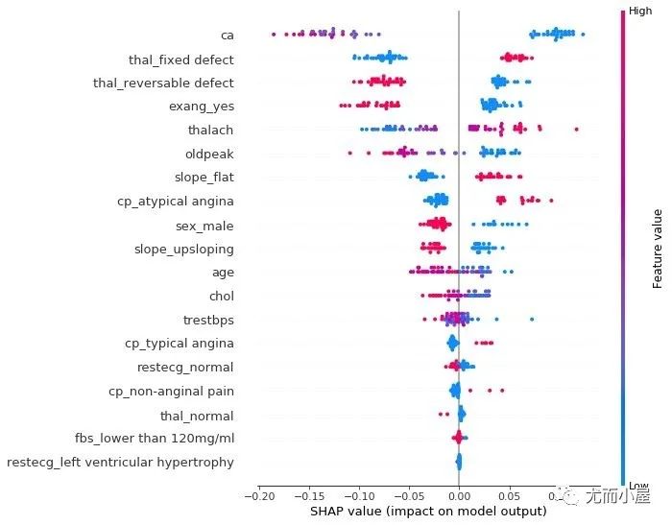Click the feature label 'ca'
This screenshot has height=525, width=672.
[228, 36]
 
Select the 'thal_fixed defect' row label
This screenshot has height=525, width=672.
[181, 60]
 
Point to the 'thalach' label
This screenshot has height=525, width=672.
[211, 130]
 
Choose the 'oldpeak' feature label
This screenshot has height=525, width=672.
[209, 154]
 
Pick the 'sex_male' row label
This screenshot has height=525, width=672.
[204, 226]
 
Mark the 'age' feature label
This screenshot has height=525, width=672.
[223, 273]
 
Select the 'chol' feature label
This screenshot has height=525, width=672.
[222, 296]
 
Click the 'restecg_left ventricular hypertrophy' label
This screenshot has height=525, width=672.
[120, 463]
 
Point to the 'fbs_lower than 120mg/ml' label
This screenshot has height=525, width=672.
[155, 439]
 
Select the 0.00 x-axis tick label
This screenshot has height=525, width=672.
[459, 495]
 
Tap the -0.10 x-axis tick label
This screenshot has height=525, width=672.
[358, 495]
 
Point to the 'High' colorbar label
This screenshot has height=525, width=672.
[640, 11]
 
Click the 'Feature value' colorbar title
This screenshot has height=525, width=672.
[658, 247]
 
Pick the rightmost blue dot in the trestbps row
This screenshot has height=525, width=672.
[532, 319]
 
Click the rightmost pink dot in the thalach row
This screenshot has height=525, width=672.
[576, 129]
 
